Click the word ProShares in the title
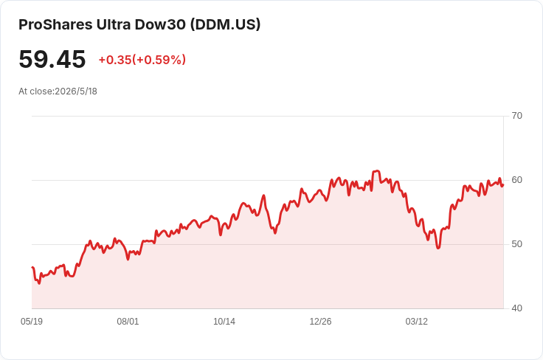(x=55, y=24)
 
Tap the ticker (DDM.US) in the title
(x=225, y=24)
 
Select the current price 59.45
(x=52, y=59)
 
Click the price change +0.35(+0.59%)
(x=142, y=60)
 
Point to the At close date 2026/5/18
(x=76, y=91)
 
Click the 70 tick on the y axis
(x=516, y=116)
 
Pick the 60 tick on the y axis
(x=516, y=180)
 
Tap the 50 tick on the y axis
(x=516, y=244)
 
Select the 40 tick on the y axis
(x=516, y=308)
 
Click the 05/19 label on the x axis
(x=32, y=322)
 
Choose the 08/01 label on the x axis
(x=128, y=322)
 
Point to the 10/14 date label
(x=224, y=322)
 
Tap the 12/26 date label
(x=320, y=322)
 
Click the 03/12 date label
(x=417, y=322)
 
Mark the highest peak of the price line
(x=376, y=170)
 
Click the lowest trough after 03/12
(x=438, y=248)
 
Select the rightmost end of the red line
(x=503, y=185)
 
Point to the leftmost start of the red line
(x=32, y=267)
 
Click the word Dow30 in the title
(x=160, y=24)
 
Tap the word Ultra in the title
(x=114, y=24)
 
